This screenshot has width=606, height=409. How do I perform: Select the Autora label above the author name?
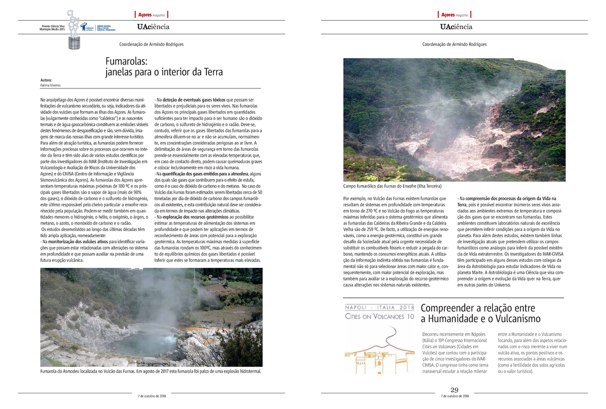[x=46, y=80]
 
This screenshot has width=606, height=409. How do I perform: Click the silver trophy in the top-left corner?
[x=74, y=30]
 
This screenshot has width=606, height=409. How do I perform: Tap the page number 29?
[x=454, y=390]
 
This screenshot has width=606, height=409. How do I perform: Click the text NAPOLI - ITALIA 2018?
[x=379, y=307]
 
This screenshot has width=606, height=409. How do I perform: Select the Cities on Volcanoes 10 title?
[x=379, y=316]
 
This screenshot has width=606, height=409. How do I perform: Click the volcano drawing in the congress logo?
[x=379, y=349]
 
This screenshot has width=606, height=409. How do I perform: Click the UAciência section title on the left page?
[x=153, y=27]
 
